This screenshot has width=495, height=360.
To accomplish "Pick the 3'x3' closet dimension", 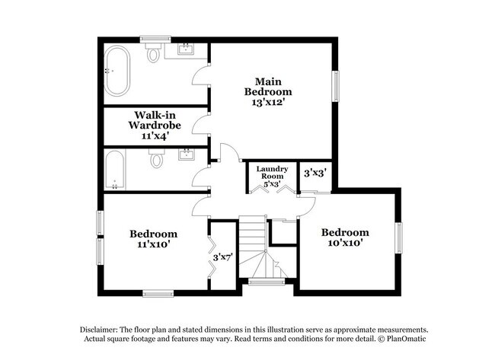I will [x=315, y=173].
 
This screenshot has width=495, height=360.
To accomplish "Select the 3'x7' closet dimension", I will [x=222, y=258].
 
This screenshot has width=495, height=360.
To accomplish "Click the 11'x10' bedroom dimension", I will [x=153, y=245].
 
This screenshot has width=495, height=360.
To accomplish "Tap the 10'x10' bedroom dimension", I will [x=345, y=244].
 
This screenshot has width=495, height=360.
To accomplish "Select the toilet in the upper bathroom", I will [x=155, y=53].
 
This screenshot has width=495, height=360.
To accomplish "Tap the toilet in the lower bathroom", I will [x=157, y=160].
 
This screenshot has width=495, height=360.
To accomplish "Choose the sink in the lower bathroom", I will [x=187, y=155].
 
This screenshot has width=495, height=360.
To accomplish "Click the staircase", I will [x=254, y=249].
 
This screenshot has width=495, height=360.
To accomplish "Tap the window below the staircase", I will [x=267, y=282].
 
